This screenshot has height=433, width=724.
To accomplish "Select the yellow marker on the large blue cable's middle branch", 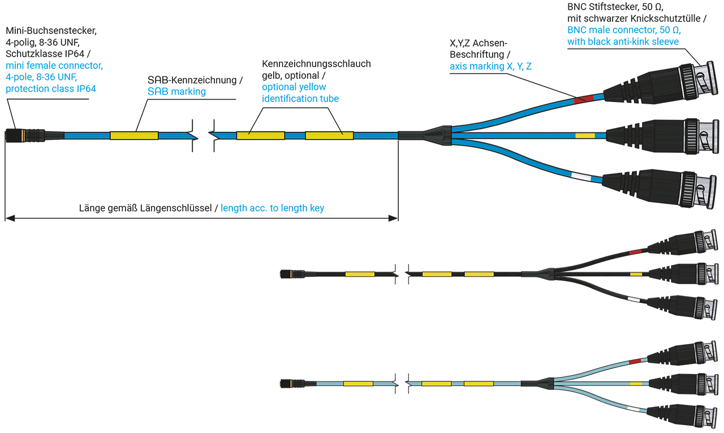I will pyautogui.click(x=585, y=136).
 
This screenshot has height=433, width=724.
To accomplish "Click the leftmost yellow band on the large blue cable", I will pyautogui.click(x=134, y=136).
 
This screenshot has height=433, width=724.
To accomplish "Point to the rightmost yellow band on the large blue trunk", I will pyautogui.click(x=329, y=136).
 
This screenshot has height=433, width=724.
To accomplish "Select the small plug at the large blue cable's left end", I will pyautogui.click(x=34, y=136).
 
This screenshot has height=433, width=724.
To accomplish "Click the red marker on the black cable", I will pyautogui.click(x=635, y=251).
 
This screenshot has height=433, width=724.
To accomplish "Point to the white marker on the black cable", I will pyautogui.click(x=633, y=298).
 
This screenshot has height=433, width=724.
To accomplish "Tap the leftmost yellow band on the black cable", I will pyautogui.click(x=360, y=275).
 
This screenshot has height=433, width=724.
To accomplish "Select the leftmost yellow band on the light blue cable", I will pyautogui.click(x=358, y=384).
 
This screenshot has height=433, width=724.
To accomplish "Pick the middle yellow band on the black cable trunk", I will pyautogui.click(x=436, y=275).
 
